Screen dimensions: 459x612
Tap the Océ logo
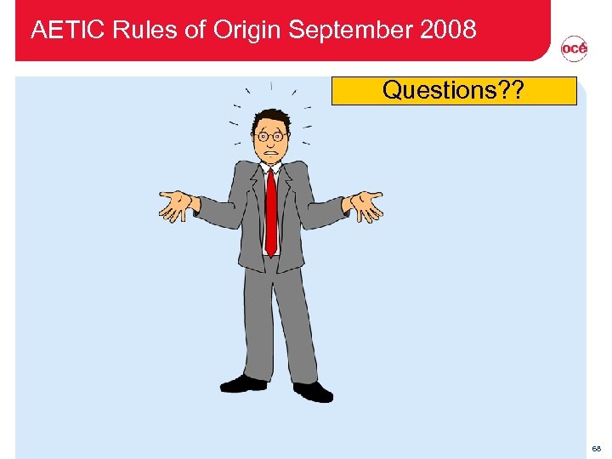point(574,50)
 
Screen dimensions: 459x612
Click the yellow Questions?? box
point(453,90)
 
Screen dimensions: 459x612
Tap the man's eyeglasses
point(270,136)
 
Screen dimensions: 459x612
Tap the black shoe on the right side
point(312,391)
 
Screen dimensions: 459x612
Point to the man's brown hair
point(272,116)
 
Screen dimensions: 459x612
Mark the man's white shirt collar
point(270,167)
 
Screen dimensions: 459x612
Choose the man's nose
point(271,143)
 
